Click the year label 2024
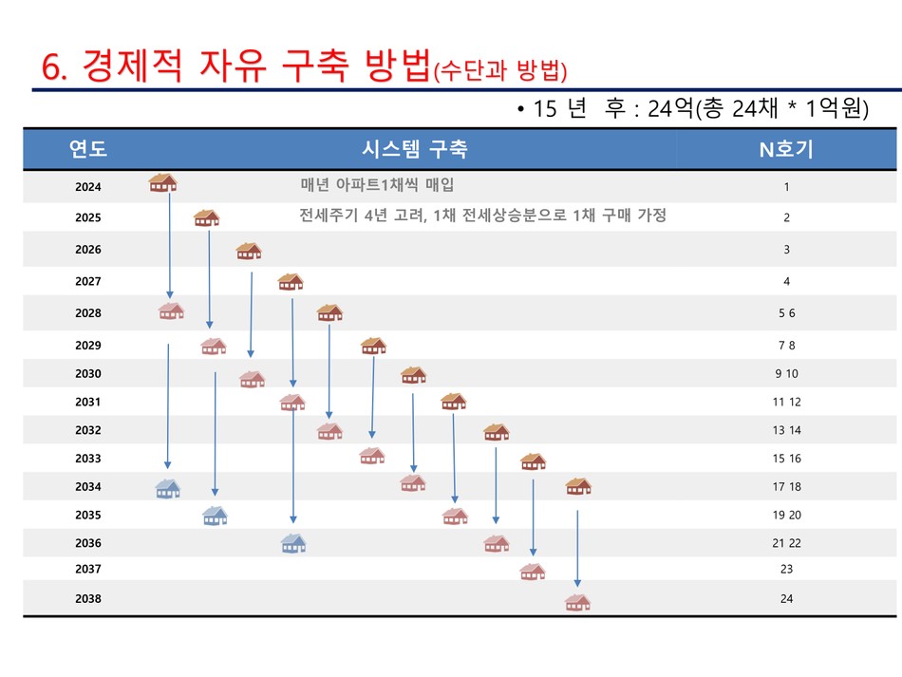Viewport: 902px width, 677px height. coord(88,187)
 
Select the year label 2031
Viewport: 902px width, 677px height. coord(88,402)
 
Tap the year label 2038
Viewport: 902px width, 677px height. coord(88,599)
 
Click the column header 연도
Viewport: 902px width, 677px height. coord(88,148)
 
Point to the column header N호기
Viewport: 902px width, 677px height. coord(786,150)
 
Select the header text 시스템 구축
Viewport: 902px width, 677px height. coord(415,149)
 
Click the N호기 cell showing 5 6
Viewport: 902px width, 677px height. coord(787,313)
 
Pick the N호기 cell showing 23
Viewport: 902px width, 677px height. coord(786,569)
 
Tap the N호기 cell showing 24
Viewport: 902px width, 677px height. coord(786,599)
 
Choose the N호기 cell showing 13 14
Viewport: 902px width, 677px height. coord(786,430)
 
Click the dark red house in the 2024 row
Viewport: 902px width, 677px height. coord(162,182)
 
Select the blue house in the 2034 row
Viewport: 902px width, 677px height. coord(168,489)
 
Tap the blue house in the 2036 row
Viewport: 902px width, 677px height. coord(293,543)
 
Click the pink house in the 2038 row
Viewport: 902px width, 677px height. coord(577,602)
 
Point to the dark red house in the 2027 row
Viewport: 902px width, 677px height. coord(291,282)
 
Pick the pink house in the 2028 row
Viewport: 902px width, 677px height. coord(172,311)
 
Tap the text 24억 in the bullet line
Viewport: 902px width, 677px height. coord(670,108)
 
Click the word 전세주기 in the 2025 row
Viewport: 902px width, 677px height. coord(329,216)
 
